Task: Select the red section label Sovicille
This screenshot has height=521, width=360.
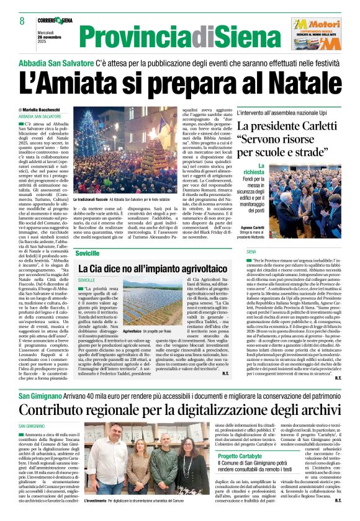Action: pyautogui.click(x=89, y=254)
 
